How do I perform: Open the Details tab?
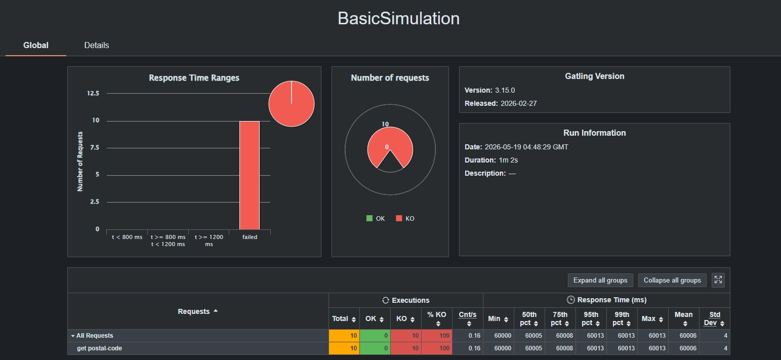[97, 46]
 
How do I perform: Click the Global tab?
[36, 46]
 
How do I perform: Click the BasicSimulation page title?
[398, 19]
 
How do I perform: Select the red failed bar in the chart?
[250, 175]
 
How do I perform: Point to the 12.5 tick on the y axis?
[93, 93]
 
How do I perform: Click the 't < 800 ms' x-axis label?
[127, 237]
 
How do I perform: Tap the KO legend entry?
[405, 218]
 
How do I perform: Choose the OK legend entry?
[376, 218]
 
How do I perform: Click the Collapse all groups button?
[672, 280]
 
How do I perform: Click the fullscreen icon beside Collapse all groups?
[718, 280]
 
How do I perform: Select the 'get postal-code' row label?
[99, 348]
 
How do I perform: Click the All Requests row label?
[95, 336]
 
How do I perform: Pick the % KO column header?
[437, 318]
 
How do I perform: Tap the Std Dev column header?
[715, 318]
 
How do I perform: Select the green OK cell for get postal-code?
[375, 348]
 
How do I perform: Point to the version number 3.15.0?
[505, 90]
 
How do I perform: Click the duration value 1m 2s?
[508, 160]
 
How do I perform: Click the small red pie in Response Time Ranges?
[292, 104]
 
